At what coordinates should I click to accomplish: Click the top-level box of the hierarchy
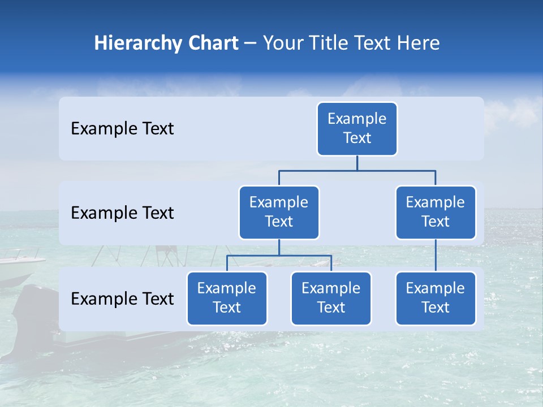357,129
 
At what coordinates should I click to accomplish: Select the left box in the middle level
279,213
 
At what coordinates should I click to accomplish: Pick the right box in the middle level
436,213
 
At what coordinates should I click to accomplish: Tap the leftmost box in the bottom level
227,298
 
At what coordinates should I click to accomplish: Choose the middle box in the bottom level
331,298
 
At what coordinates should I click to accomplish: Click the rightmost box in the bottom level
436,298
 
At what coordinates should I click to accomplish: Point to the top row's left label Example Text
122,129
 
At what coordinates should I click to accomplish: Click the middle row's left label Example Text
122,213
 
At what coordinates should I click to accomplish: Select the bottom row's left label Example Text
122,298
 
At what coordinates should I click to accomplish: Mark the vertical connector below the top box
357,163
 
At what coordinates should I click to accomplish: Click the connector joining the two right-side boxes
436,256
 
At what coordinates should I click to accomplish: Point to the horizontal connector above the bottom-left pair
279,256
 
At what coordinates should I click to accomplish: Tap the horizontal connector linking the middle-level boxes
357,170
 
